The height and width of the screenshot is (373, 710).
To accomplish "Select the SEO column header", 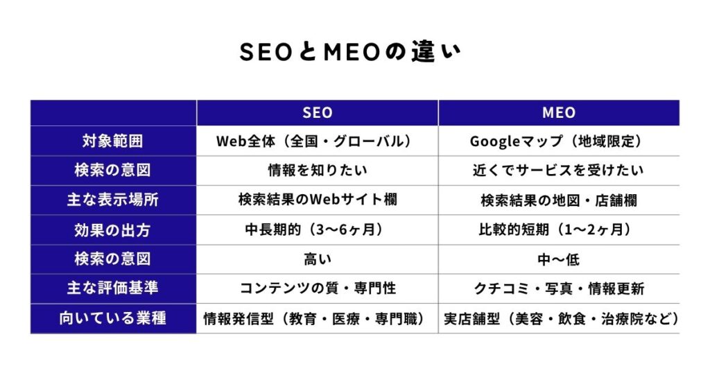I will click(317, 112).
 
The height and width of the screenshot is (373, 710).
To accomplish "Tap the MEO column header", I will click(559, 112).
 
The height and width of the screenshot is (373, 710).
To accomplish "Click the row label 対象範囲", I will click(113, 141).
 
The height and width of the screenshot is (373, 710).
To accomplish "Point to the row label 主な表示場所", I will click(113, 200).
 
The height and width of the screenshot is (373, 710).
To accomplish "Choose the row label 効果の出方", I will click(113, 230).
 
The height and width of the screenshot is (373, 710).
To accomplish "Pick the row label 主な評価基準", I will click(113, 288).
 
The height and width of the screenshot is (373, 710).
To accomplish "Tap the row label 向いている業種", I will click(113, 319).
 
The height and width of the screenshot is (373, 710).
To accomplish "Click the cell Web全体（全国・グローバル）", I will click(317, 141).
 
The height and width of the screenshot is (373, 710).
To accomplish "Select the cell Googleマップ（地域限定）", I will click(559, 141).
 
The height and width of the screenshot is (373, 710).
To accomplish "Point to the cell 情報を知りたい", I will click(317, 171).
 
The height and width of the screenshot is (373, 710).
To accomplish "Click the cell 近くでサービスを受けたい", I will click(559, 171).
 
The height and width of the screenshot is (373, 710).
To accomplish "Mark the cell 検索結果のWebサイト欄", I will click(317, 200).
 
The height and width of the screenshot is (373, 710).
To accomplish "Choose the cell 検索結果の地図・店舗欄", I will click(559, 200).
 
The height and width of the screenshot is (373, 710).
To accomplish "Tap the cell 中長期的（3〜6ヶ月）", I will click(317, 230).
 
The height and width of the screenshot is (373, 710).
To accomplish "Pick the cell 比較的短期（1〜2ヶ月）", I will click(559, 230).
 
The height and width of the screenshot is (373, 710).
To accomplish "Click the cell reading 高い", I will click(317, 259).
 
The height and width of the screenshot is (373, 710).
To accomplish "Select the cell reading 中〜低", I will click(559, 259).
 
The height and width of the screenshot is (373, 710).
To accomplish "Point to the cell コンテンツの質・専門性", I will click(317, 288).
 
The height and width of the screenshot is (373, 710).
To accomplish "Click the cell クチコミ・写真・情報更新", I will click(559, 288).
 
